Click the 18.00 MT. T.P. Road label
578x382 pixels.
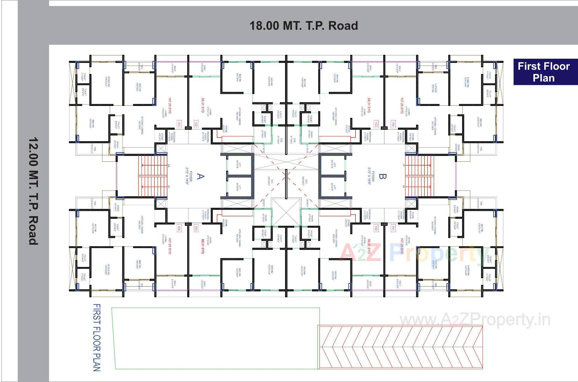coord(303,26)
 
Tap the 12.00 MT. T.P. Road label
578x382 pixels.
coord(33,191)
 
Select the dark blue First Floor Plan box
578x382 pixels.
coord(544,72)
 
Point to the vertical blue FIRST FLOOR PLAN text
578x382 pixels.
coord(97,337)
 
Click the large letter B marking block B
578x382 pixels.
coord(382,176)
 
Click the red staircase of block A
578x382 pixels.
coord(153,176)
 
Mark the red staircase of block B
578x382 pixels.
coord(419,176)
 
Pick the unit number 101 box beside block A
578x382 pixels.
coord(179,124)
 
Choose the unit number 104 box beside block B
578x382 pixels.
coord(393,124)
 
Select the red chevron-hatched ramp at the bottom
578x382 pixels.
coord(400,347)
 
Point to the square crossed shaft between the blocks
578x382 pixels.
coord(286,213)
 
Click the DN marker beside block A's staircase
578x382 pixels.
coord(169,165)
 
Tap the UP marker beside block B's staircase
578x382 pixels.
coord(403,165)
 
